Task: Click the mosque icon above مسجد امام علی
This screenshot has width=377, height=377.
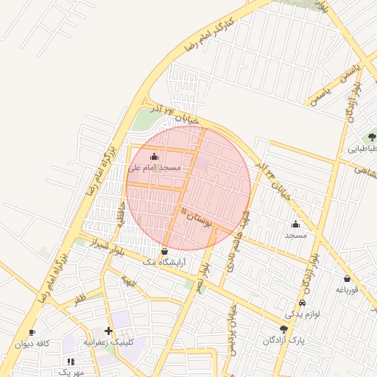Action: (154, 156)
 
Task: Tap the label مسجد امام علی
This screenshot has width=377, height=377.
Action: (155, 168)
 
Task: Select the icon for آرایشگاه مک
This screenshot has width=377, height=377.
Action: (163, 251)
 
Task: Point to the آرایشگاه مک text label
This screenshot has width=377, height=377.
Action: (163, 262)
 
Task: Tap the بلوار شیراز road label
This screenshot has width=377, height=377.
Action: (112, 247)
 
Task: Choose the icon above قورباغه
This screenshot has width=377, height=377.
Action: (347, 279)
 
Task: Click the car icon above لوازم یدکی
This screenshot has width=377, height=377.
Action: (302, 303)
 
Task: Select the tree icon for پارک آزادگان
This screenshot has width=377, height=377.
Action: (284, 329)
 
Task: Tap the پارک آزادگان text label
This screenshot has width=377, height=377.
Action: (284, 342)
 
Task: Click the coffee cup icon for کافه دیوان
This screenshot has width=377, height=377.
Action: (32, 333)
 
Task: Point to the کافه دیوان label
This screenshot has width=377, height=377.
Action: (32, 344)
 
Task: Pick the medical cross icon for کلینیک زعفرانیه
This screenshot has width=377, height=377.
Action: (109, 331)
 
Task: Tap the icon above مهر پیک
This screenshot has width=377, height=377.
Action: (71, 362)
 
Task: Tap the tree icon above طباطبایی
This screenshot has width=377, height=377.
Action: (372, 137)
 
